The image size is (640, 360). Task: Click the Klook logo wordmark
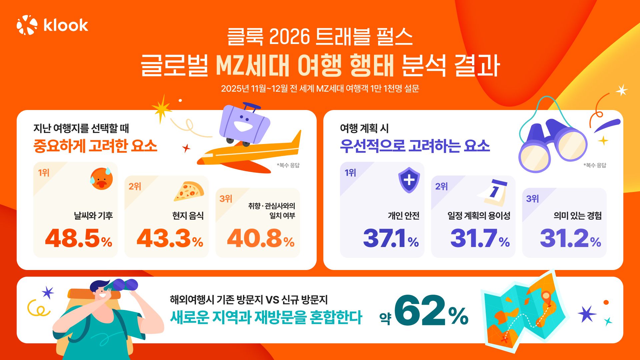coord(66,25)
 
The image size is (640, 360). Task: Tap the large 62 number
coord(420,311)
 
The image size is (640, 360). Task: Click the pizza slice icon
coord(189,191)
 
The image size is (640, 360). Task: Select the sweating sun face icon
coord(101,179)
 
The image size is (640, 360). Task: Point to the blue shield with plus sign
coord(409,180)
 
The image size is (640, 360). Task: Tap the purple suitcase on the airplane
coord(244,124)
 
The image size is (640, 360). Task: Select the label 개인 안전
coord(403,216)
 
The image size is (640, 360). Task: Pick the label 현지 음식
coord(188,216)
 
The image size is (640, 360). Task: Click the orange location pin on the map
coord(546,296)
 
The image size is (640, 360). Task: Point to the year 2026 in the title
coord(289,36)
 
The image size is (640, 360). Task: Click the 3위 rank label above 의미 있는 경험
coord(532,199)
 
